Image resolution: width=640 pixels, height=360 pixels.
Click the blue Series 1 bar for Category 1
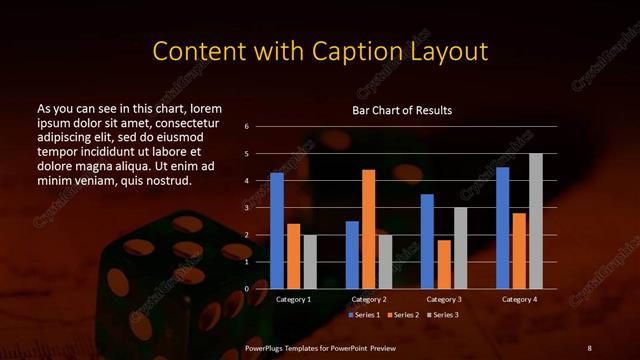(x=277, y=231)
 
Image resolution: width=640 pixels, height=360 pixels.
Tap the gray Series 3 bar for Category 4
(x=535, y=221)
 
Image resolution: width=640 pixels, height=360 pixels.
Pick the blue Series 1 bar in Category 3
(x=427, y=241)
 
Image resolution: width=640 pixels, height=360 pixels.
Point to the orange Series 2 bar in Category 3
(x=444, y=264)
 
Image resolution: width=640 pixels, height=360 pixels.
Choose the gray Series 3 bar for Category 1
(x=309, y=262)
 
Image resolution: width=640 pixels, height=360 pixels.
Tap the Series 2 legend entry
(x=406, y=315)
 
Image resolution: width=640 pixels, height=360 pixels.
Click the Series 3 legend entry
(x=444, y=315)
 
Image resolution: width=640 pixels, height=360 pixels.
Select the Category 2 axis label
(x=368, y=299)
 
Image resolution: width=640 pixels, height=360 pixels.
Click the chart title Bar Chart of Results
(x=403, y=110)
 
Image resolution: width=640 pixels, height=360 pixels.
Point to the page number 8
(x=589, y=347)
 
